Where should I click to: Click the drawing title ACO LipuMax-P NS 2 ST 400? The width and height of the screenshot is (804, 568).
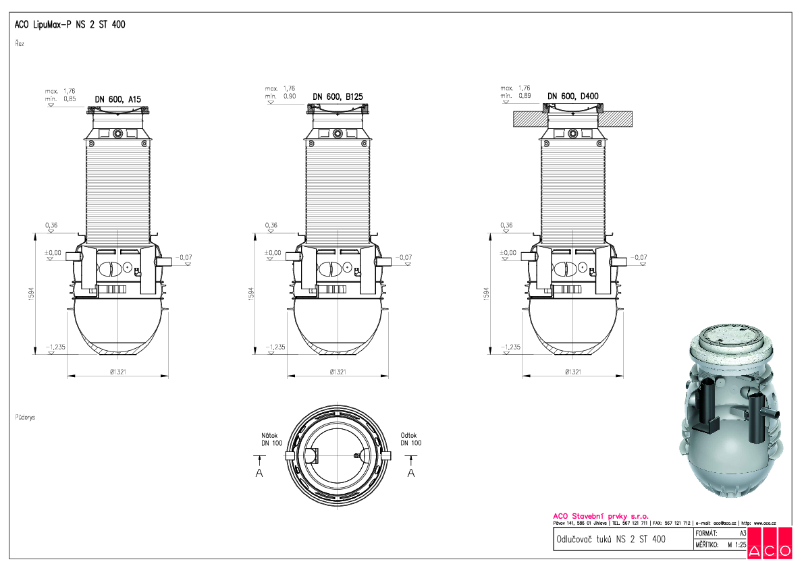point(70,25)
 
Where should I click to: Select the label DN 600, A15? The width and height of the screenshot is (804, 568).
point(118,99)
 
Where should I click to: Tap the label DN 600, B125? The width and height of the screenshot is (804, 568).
point(340,97)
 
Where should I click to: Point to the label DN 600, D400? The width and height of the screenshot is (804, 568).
point(572,96)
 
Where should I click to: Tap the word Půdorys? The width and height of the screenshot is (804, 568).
point(25,418)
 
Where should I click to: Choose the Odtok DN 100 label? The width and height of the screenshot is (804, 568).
point(410,439)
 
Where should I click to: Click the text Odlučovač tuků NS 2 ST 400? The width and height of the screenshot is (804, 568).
point(610,540)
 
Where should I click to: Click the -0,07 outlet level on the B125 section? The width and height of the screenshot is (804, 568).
point(404,257)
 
